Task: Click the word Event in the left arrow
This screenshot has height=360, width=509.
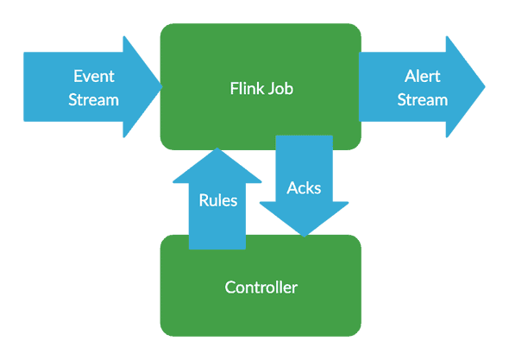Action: [94, 76]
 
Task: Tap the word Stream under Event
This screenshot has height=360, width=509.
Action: [93, 100]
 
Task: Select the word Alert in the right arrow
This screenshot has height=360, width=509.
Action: [423, 76]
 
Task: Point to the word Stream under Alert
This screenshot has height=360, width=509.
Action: [423, 100]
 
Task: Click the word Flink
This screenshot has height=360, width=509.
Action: [245, 88]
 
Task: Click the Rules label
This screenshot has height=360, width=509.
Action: [217, 200]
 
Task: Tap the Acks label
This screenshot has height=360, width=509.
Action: [304, 188]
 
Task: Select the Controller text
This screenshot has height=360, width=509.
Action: [261, 287]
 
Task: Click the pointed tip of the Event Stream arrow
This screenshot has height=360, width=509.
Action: [161, 86]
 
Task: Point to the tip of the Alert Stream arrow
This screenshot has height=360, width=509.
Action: [485, 86]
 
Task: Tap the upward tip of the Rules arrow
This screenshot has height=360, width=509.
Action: [217, 148]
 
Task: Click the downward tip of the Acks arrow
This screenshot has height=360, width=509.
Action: [305, 237]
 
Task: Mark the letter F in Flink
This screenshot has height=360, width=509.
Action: [234, 88]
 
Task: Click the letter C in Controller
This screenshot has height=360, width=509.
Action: [230, 287]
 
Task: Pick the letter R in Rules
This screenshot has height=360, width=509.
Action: [204, 200]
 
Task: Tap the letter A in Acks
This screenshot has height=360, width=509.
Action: [292, 188]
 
